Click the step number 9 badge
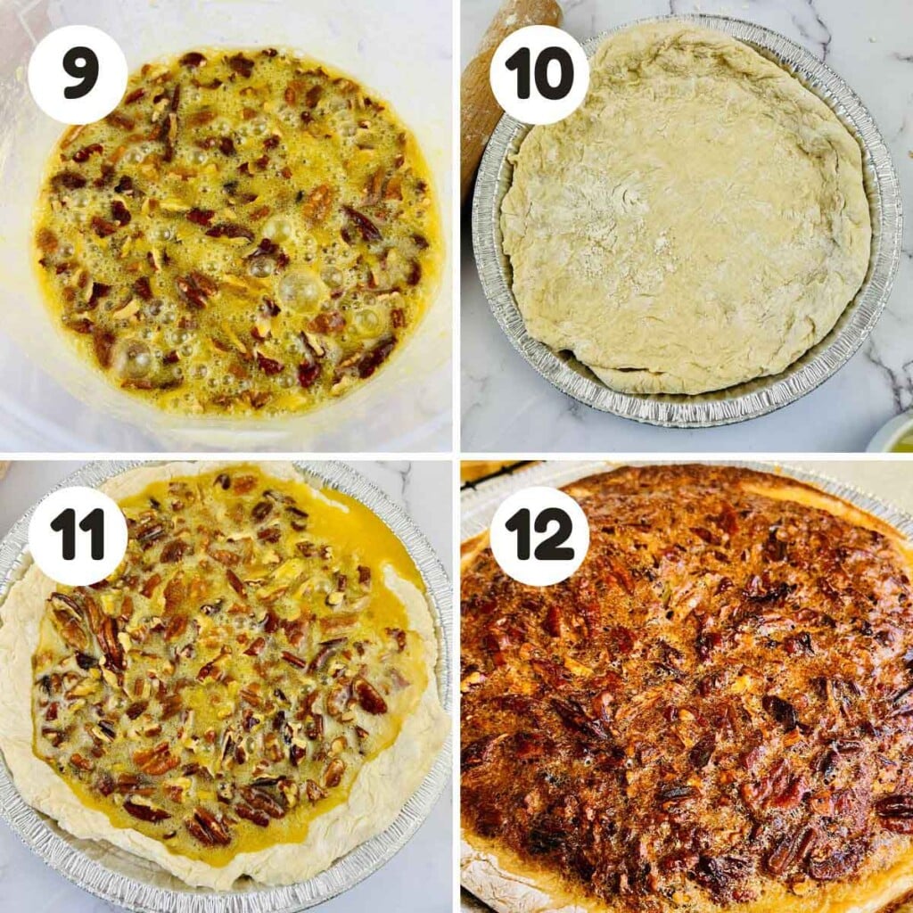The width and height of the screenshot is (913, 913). (x=78, y=74)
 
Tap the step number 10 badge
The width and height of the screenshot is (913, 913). (x=539, y=74)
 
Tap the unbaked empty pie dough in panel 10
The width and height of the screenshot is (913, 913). (x=687, y=223)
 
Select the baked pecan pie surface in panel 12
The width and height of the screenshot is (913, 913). (x=695, y=695)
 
